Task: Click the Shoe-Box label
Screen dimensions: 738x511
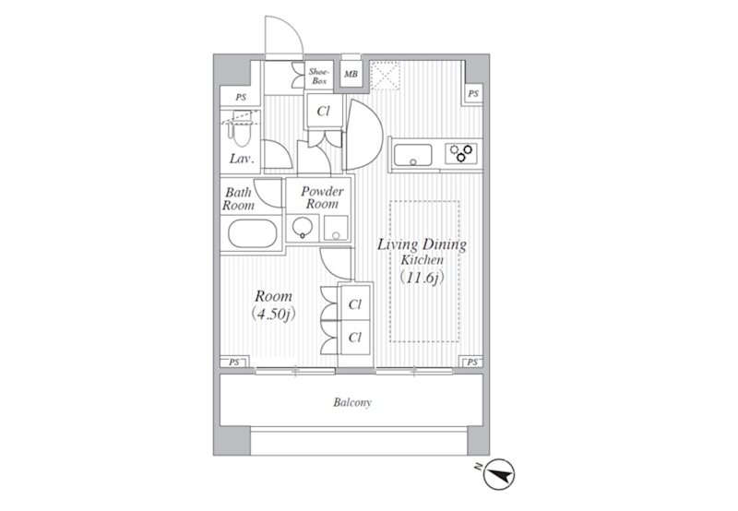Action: coord(318,77)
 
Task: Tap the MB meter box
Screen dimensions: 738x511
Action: coord(351,74)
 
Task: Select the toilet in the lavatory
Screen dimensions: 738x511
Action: coord(241,130)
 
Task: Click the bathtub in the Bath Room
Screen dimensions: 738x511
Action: coord(253,233)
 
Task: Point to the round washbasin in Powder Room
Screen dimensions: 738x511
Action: coord(302,228)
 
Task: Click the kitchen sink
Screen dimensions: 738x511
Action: coord(412,155)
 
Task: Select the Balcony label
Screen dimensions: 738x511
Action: coord(352,402)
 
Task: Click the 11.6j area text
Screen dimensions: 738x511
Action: coord(422,277)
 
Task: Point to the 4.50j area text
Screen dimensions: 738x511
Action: coord(273,314)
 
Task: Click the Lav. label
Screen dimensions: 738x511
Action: coord(242,159)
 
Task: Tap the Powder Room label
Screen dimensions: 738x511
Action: coord(322,197)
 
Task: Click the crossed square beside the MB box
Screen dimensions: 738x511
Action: coord(385,76)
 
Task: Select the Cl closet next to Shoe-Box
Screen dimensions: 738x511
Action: coord(324,111)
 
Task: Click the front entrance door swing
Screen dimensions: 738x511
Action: coord(284,36)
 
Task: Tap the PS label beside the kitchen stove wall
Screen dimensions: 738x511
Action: coord(473,94)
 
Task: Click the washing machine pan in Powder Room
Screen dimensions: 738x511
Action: coord(336,228)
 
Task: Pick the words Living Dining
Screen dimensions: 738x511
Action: coord(422,244)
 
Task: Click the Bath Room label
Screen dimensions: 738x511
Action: coord(238,199)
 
